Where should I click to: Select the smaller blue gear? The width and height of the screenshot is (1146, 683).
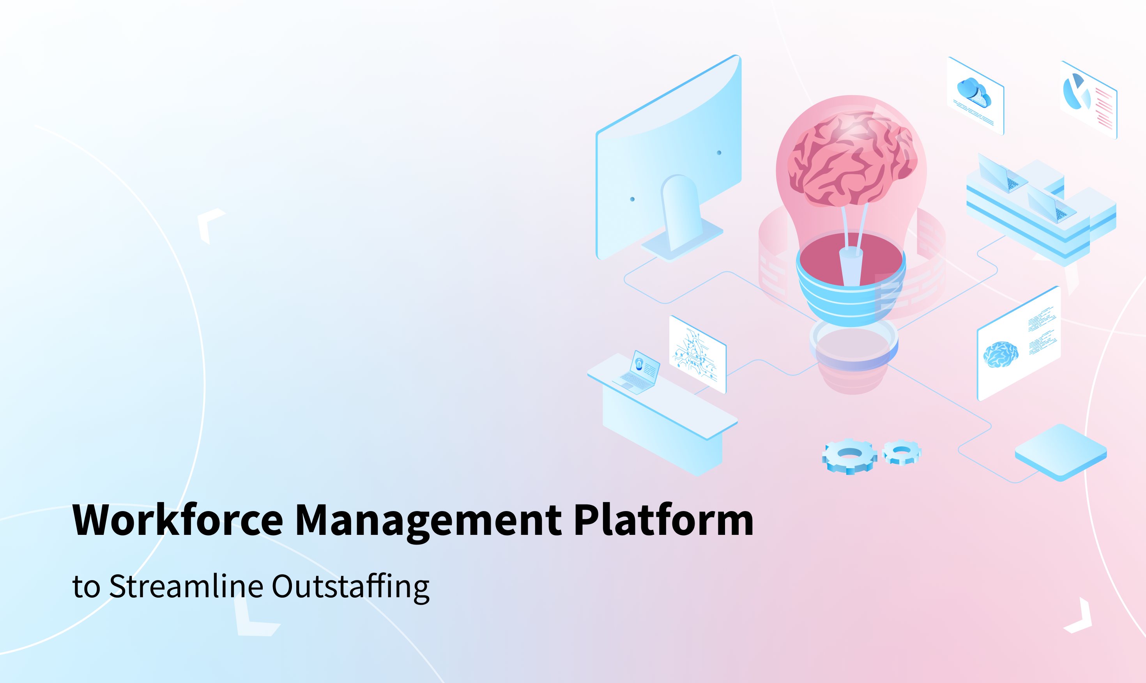click(901, 451)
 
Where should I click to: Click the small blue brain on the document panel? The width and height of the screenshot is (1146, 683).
click(1000, 354)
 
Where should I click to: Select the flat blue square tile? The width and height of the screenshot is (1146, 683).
click(1060, 451)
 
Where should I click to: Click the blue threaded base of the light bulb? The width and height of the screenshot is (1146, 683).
click(851, 295)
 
